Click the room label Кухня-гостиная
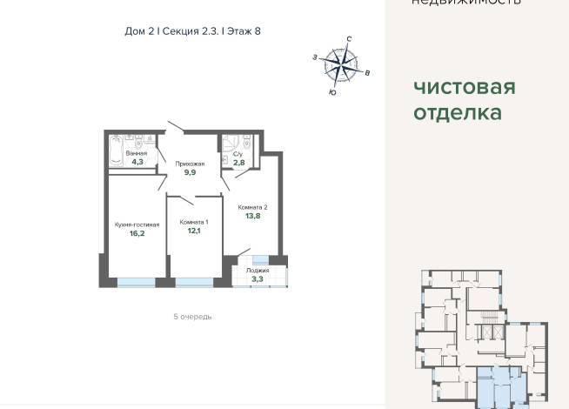click(x=137, y=224)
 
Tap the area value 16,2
click(x=137, y=233)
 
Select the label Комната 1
click(x=194, y=222)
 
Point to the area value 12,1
click(x=194, y=231)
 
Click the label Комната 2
click(x=252, y=206)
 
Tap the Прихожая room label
click(x=190, y=164)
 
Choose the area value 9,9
click(x=190, y=172)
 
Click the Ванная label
click(x=136, y=153)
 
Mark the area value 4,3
click(x=136, y=162)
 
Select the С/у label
click(x=238, y=153)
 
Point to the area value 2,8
click(x=238, y=162)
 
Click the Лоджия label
click(x=258, y=271)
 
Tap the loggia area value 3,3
click(x=258, y=279)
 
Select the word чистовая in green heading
click(x=465, y=87)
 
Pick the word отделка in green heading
click(x=457, y=113)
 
